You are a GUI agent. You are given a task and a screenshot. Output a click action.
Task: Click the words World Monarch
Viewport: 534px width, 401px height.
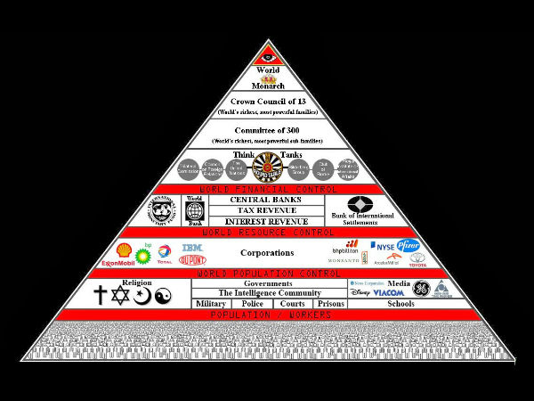click(x=268, y=78)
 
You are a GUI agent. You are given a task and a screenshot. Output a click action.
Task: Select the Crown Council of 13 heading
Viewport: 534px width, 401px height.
click(x=268, y=102)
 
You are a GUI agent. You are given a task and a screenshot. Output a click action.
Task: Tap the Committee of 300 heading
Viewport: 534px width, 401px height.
click(x=268, y=130)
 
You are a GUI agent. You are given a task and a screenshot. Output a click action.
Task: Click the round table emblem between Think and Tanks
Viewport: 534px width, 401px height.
click(x=267, y=167)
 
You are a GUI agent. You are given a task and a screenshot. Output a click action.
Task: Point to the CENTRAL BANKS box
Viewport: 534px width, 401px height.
click(x=266, y=199)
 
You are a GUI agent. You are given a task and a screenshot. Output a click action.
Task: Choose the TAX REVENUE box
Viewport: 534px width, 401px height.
click(x=266, y=209)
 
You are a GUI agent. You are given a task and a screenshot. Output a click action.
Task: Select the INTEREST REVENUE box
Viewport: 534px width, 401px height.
click(x=266, y=220)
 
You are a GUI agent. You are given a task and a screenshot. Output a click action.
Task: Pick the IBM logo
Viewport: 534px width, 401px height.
click(x=192, y=246)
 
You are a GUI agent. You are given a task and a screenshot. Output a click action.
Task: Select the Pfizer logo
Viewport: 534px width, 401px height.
click(x=408, y=245)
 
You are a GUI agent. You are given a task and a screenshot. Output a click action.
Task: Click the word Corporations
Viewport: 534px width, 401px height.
click(x=268, y=252)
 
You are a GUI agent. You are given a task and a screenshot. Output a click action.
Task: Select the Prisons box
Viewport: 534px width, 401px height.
click(x=331, y=304)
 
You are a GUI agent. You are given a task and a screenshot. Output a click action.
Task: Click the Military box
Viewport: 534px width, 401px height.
click(x=210, y=304)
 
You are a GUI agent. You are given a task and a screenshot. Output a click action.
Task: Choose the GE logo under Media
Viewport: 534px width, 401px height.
click(x=420, y=288)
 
